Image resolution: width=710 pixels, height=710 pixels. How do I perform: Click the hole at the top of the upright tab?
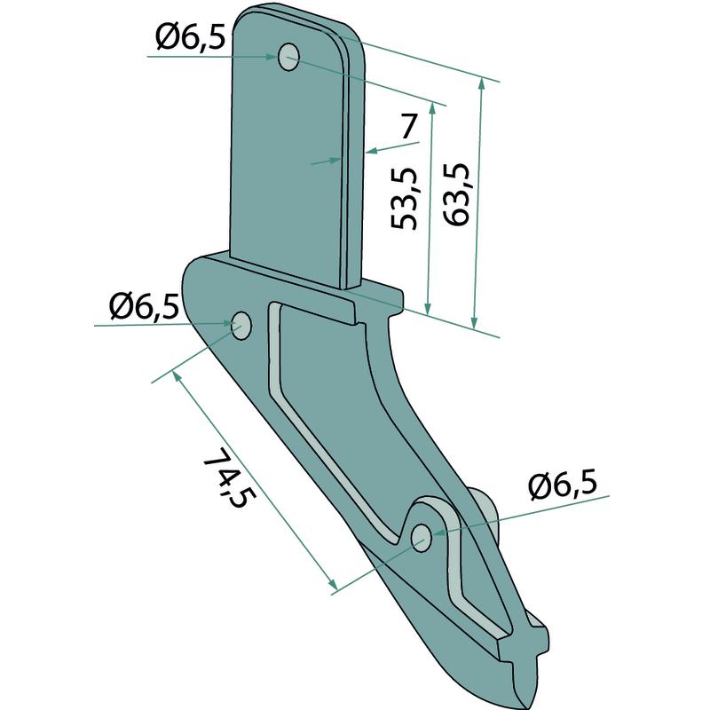[x=288, y=57]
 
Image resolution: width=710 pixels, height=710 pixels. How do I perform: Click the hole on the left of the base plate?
[x=241, y=325]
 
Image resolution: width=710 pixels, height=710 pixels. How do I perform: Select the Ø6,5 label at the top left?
[x=190, y=36]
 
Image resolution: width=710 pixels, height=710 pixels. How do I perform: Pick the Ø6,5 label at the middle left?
[x=144, y=305]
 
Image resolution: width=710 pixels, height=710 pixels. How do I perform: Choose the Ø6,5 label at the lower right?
[x=563, y=485]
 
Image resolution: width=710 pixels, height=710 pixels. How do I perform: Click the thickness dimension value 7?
[x=408, y=126]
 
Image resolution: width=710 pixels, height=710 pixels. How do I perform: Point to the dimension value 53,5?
[x=403, y=198]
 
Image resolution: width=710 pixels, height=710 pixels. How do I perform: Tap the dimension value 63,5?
[x=455, y=194]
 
